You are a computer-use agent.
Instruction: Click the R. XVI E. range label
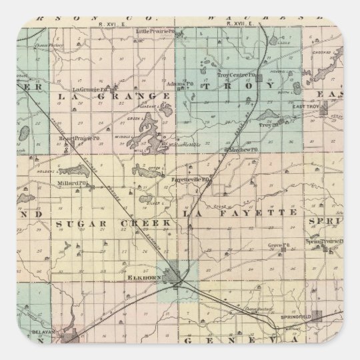[108, 24]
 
